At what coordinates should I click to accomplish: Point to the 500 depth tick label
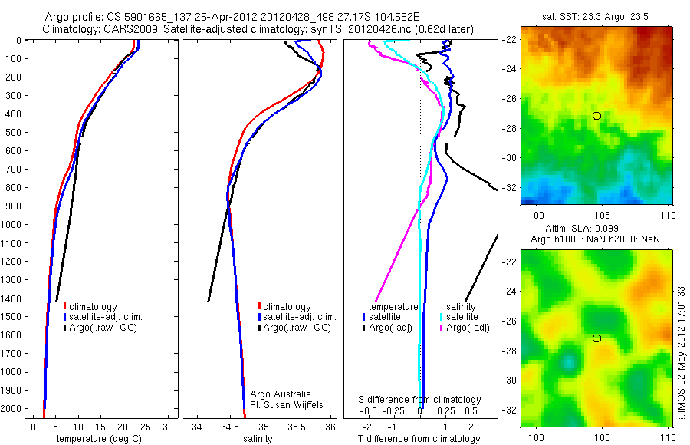pyautogui.click(x=13, y=132)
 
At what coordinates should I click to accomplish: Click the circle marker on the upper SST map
pyautogui.click(x=596, y=116)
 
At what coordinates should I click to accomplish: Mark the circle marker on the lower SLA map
pyautogui.click(x=596, y=338)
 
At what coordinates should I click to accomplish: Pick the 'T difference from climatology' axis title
pyautogui.click(x=419, y=439)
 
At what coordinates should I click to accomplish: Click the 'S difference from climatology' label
pyautogui.click(x=420, y=400)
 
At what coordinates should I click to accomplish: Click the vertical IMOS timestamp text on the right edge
pyautogui.click(x=681, y=353)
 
